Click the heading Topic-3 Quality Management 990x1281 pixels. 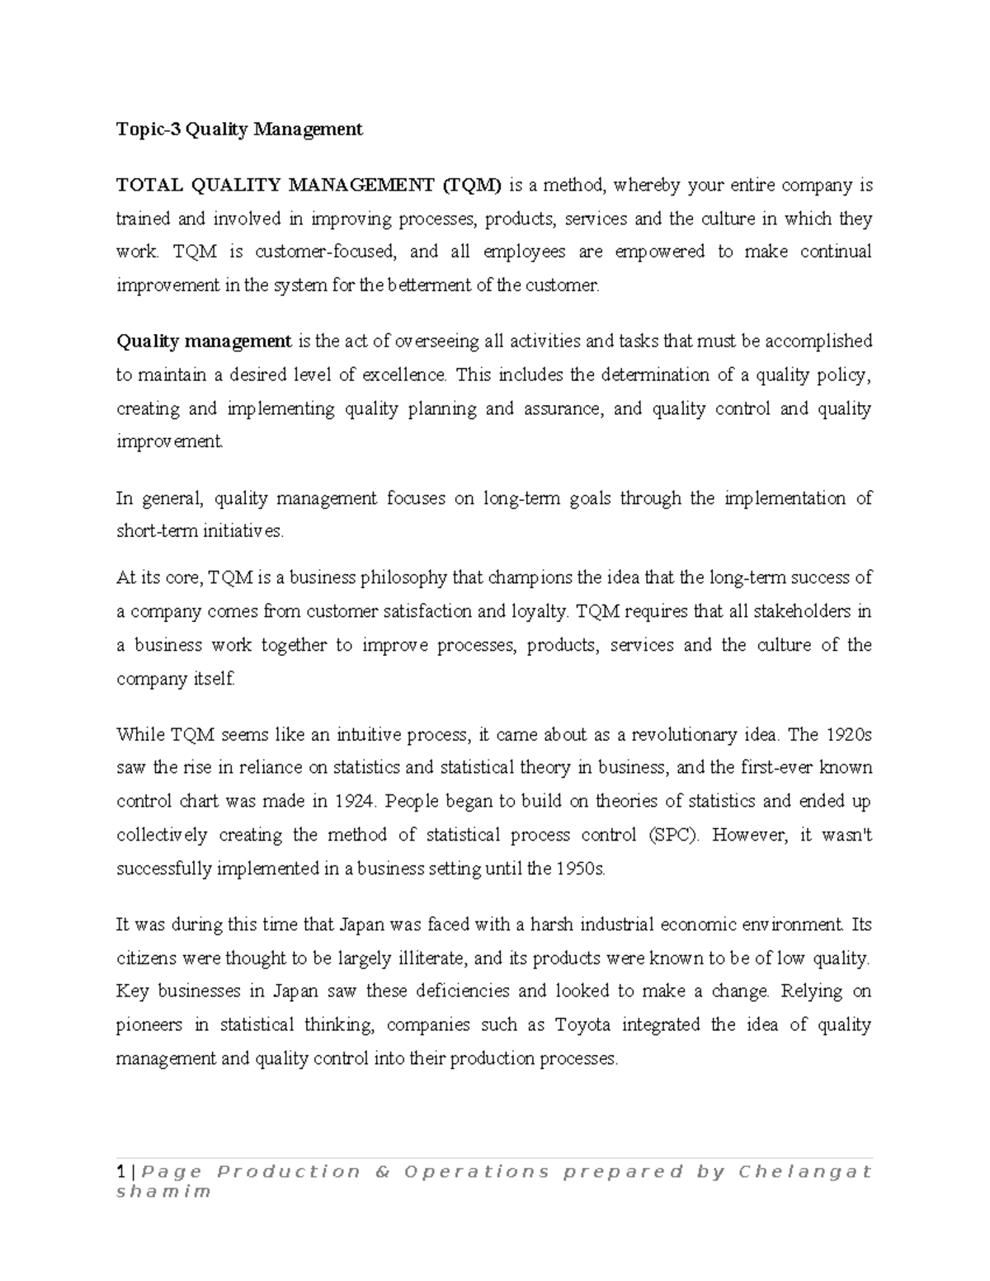pyautogui.click(x=239, y=129)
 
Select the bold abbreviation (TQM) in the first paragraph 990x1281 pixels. pyautogui.click(x=470, y=185)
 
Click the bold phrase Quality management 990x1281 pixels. pyautogui.click(x=204, y=341)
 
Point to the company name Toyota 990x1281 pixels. pyautogui.click(x=582, y=1025)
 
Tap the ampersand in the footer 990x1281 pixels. pyautogui.click(x=381, y=1172)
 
